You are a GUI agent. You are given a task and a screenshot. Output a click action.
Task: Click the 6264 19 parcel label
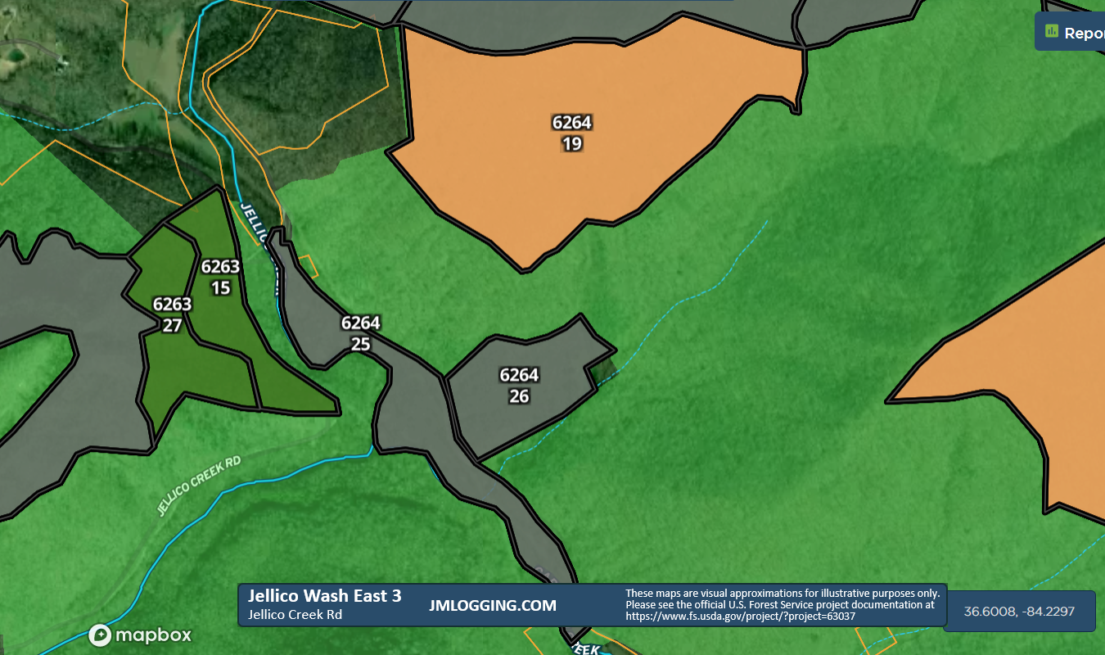pos(571,133)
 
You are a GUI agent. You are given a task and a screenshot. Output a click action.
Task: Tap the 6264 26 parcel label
pos(519,386)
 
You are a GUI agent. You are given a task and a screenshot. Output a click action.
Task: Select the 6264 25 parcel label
pos(361,333)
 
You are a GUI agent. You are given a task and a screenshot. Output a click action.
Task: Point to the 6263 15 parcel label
pos(220,277)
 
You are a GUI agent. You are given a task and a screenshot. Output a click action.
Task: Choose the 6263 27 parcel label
pos(172,314)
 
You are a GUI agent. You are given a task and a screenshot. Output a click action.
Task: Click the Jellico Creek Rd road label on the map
pos(199,487)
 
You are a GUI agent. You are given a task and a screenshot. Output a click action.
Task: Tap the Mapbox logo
pos(140,635)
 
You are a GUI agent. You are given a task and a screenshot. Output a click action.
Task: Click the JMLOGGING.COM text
pos(493,606)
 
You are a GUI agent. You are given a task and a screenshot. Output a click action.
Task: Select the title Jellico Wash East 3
pos(325,596)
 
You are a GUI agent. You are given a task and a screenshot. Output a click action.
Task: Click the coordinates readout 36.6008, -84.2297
pos(1019,612)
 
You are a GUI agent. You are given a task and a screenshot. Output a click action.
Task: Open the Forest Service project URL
pos(740,617)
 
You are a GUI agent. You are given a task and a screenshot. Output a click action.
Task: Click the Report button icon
pos(1053,32)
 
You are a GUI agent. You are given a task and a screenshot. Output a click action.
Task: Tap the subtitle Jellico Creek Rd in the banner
pos(295,615)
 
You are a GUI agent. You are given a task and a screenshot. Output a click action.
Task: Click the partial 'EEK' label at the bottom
pos(587,648)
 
